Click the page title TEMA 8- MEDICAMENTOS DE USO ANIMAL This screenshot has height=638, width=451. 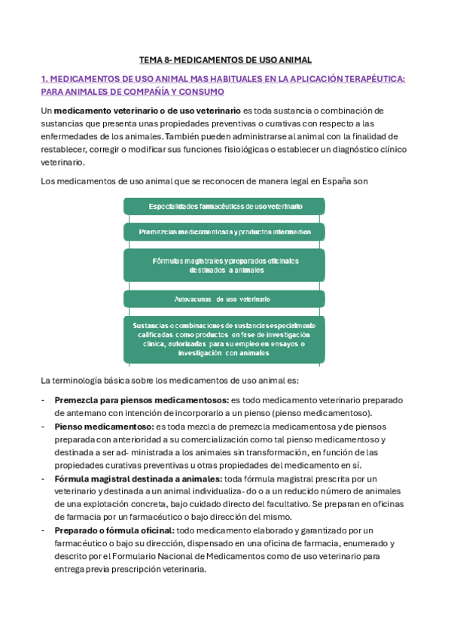(x=225, y=59)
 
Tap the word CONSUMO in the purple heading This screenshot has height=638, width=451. (x=205, y=92)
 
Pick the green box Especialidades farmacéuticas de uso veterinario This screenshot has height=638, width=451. (x=224, y=206)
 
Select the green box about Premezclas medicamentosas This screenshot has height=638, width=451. (x=224, y=232)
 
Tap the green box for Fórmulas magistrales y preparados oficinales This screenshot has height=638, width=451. (x=224, y=265)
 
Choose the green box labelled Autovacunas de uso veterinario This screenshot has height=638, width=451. (x=224, y=299)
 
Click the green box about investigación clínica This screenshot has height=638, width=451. (x=224, y=339)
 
